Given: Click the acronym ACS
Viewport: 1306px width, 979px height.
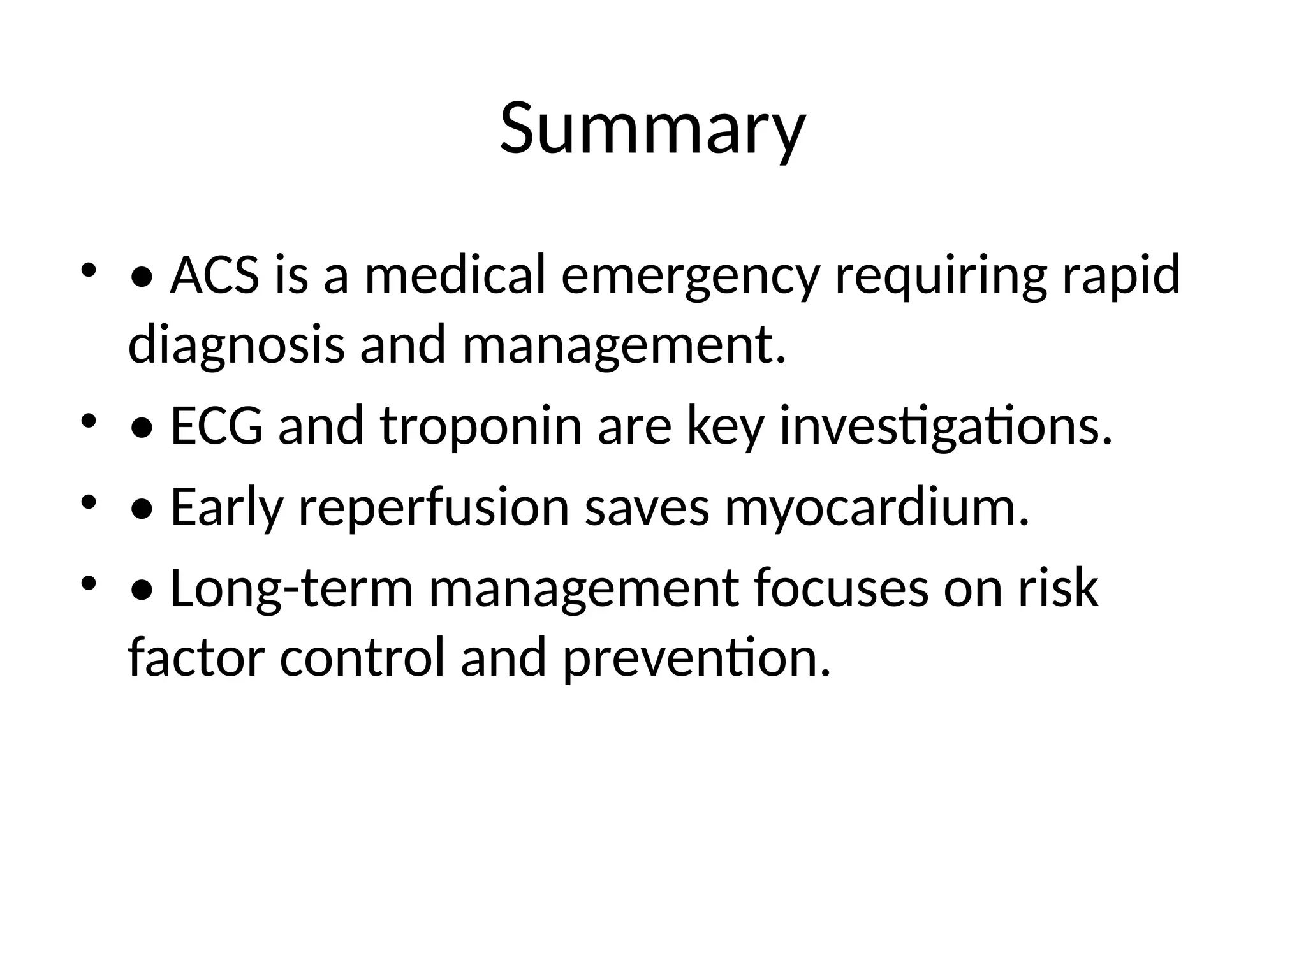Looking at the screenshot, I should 215,275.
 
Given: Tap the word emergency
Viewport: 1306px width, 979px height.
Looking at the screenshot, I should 689,275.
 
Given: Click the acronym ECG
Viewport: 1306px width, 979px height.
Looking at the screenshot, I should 216,426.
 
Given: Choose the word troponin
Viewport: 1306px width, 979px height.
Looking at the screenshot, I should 481,426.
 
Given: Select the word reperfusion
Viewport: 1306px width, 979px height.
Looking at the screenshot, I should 434,508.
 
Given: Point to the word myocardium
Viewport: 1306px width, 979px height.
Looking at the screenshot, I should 877,508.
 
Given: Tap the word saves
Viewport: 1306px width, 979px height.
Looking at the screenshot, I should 647,508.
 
